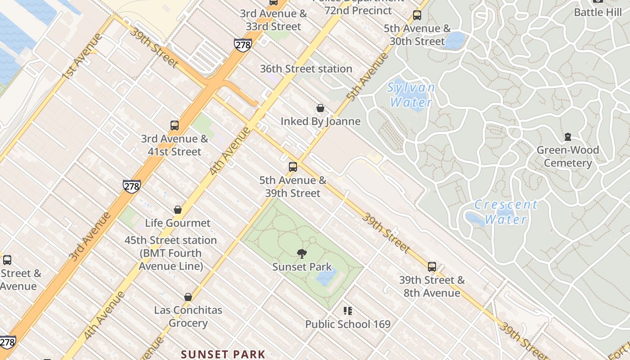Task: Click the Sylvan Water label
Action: point(411,94)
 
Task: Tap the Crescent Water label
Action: point(506,212)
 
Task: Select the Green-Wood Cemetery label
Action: point(567,156)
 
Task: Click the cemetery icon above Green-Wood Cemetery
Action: point(568,137)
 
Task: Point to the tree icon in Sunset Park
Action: point(302,254)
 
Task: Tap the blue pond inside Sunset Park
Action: point(326,276)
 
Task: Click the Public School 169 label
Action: point(348,324)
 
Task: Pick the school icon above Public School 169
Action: point(347,310)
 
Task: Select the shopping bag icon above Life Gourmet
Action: point(178,210)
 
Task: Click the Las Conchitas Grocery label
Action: point(188,316)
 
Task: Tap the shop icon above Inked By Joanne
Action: point(320,108)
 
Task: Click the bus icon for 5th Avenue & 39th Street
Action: point(293,167)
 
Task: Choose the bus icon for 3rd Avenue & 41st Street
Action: point(175,126)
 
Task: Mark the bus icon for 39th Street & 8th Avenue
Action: point(432,266)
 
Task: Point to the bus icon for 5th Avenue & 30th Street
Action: point(417,15)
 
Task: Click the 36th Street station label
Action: point(306,69)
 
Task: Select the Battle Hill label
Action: point(598,12)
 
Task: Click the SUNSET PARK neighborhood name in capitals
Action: point(223,354)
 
